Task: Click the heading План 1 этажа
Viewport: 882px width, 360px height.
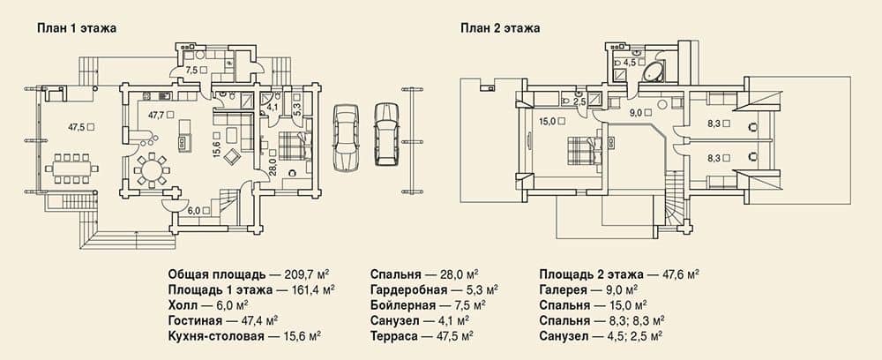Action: [x=77, y=28]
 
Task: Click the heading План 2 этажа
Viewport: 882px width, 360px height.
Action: [x=500, y=28]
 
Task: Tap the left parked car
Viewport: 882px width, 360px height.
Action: [x=346, y=136]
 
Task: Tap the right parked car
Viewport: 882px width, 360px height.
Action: [x=386, y=134]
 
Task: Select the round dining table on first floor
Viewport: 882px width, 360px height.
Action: [x=151, y=169]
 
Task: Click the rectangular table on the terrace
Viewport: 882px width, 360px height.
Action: [x=71, y=168]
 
